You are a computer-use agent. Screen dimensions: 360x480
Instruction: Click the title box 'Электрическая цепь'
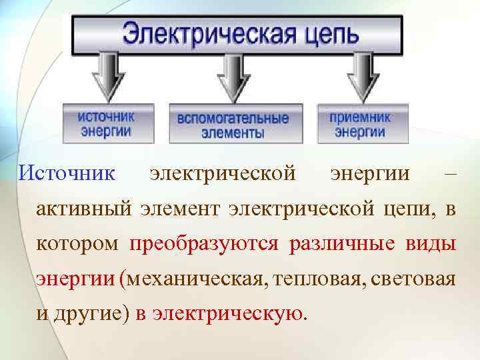(x=237, y=33)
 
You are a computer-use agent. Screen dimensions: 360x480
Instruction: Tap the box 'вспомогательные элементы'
(x=233, y=124)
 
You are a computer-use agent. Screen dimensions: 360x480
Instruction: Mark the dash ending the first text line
(x=450, y=174)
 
